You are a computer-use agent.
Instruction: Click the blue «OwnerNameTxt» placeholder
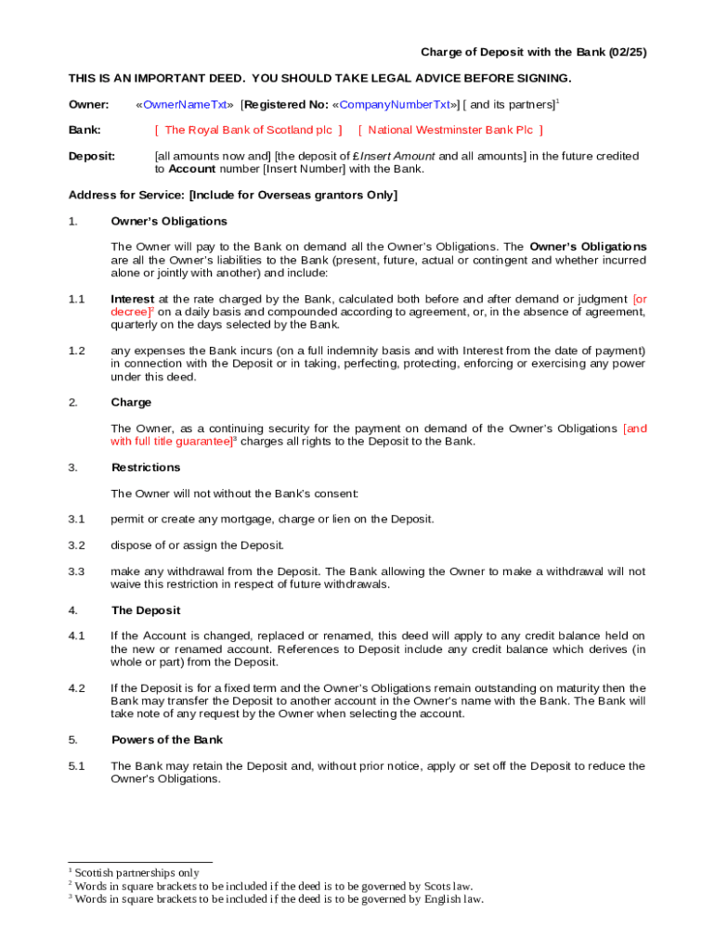(x=184, y=105)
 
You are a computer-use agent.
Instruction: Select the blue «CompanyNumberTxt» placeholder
(x=395, y=105)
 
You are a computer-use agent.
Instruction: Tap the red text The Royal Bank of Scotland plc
(x=248, y=130)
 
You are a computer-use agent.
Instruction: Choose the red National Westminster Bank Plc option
(x=450, y=130)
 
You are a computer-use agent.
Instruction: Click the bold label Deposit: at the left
(x=92, y=156)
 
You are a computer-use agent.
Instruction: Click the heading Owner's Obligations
(x=169, y=221)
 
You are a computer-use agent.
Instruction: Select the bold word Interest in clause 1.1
(x=132, y=299)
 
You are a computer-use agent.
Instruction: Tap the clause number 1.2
(x=76, y=351)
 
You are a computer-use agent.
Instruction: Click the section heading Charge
(x=131, y=403)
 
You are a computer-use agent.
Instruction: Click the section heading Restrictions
(x=146, y=468)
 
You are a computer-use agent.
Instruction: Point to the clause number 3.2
(x=76, y=546)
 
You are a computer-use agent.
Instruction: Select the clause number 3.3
(x=76, y=571)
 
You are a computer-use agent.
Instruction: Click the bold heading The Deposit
(x=146, y=610)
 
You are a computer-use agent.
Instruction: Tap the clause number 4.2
(x=76, y=688)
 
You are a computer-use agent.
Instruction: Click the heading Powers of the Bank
(x=167, y=740)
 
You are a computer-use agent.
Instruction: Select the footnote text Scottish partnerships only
(x=136, y=873)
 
